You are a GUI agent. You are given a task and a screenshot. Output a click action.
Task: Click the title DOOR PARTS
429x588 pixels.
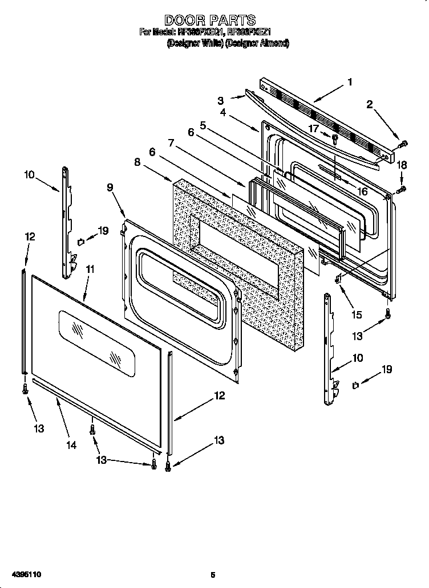(x=214, y=22)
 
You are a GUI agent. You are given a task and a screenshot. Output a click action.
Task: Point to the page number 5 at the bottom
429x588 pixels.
(x=212, y=574)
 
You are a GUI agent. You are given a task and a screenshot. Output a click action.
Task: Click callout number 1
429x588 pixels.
(x=349, y=82)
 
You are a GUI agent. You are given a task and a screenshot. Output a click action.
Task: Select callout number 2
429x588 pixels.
(x=370, y=104)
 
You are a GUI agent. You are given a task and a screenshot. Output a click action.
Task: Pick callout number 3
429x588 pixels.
(x=220, y=101)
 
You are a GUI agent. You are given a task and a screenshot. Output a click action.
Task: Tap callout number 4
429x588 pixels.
(x=223, y=113)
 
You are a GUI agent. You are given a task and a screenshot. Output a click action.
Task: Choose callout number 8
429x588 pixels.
(x=137, y=162)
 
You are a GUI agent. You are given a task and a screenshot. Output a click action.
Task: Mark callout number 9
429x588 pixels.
(x=110, y=187)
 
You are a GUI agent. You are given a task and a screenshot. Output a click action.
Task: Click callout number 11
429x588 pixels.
(x=90, y=268)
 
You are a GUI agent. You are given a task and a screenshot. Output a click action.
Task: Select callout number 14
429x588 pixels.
(x=71, y=445)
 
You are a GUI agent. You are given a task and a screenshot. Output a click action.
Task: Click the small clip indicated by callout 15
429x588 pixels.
(x=338, y=279)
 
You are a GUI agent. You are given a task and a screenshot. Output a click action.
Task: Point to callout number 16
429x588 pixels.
(x=362, y=191)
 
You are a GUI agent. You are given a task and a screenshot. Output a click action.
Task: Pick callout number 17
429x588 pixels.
(x=313, y=129)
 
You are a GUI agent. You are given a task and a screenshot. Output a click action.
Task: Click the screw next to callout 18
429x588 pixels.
(x=402, y=187)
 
